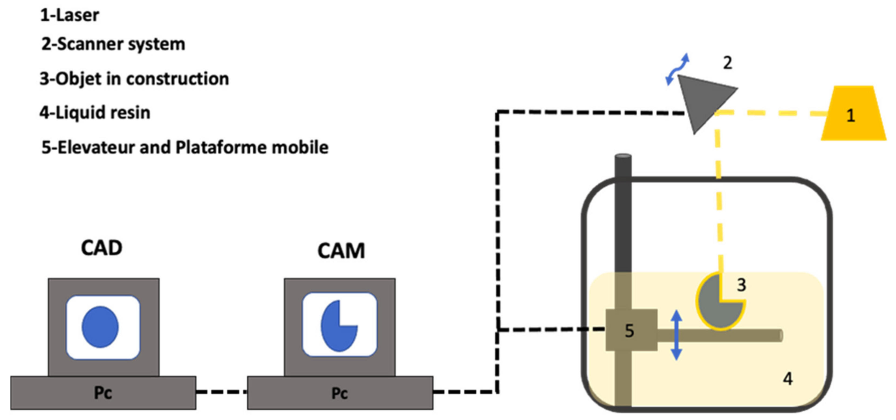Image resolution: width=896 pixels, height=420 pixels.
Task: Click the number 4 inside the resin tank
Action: pos(788,378)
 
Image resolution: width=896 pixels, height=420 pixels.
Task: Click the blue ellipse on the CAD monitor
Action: pos(100,327)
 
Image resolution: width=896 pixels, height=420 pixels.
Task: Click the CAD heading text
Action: pos(102,248)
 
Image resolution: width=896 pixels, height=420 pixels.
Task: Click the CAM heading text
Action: pos(341,250)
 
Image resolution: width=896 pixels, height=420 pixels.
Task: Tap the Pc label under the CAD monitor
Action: pos(103,392)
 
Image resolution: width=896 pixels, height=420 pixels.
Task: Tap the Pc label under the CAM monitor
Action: pos(340,393)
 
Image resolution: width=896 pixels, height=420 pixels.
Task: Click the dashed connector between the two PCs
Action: pos(221,392)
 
